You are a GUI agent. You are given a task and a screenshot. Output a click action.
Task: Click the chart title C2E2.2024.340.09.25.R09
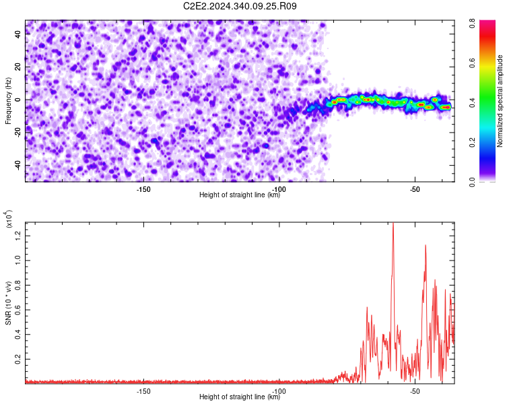(x=240, y=6)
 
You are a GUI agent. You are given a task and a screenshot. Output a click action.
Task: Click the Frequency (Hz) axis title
(x=8, y=101)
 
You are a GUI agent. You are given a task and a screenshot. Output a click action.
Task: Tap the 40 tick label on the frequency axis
(x=18, y=34)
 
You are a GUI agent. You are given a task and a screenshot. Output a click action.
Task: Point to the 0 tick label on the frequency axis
(x=18, y=100)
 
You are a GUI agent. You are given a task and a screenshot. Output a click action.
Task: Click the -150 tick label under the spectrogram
(x=143, y=189)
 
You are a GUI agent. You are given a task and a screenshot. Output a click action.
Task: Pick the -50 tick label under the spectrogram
(x=415, y=189)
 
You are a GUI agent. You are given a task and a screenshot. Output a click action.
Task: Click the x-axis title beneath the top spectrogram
(x=240, y=195)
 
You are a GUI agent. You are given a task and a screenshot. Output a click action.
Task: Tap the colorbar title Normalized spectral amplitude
(x=500, y=100)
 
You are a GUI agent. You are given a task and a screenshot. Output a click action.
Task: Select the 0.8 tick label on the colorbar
(x=472, y=24)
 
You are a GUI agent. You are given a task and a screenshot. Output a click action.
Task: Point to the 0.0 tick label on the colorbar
(x=472, y=182)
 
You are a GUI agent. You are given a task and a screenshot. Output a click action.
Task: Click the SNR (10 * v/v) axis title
(x=8, y=303)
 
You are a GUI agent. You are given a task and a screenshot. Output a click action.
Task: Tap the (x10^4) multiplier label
(x=8, y=219)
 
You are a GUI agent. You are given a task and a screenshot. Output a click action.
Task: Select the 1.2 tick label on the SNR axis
(x=18, y=236)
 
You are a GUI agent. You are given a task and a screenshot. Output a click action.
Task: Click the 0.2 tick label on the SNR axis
(x=18, y=359)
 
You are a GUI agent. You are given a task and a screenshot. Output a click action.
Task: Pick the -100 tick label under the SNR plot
(x=279, y=391)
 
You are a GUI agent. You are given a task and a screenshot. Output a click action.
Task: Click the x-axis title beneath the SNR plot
(x=240, y=397)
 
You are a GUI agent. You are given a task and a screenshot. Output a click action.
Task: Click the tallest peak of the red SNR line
(x=393, y=223)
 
